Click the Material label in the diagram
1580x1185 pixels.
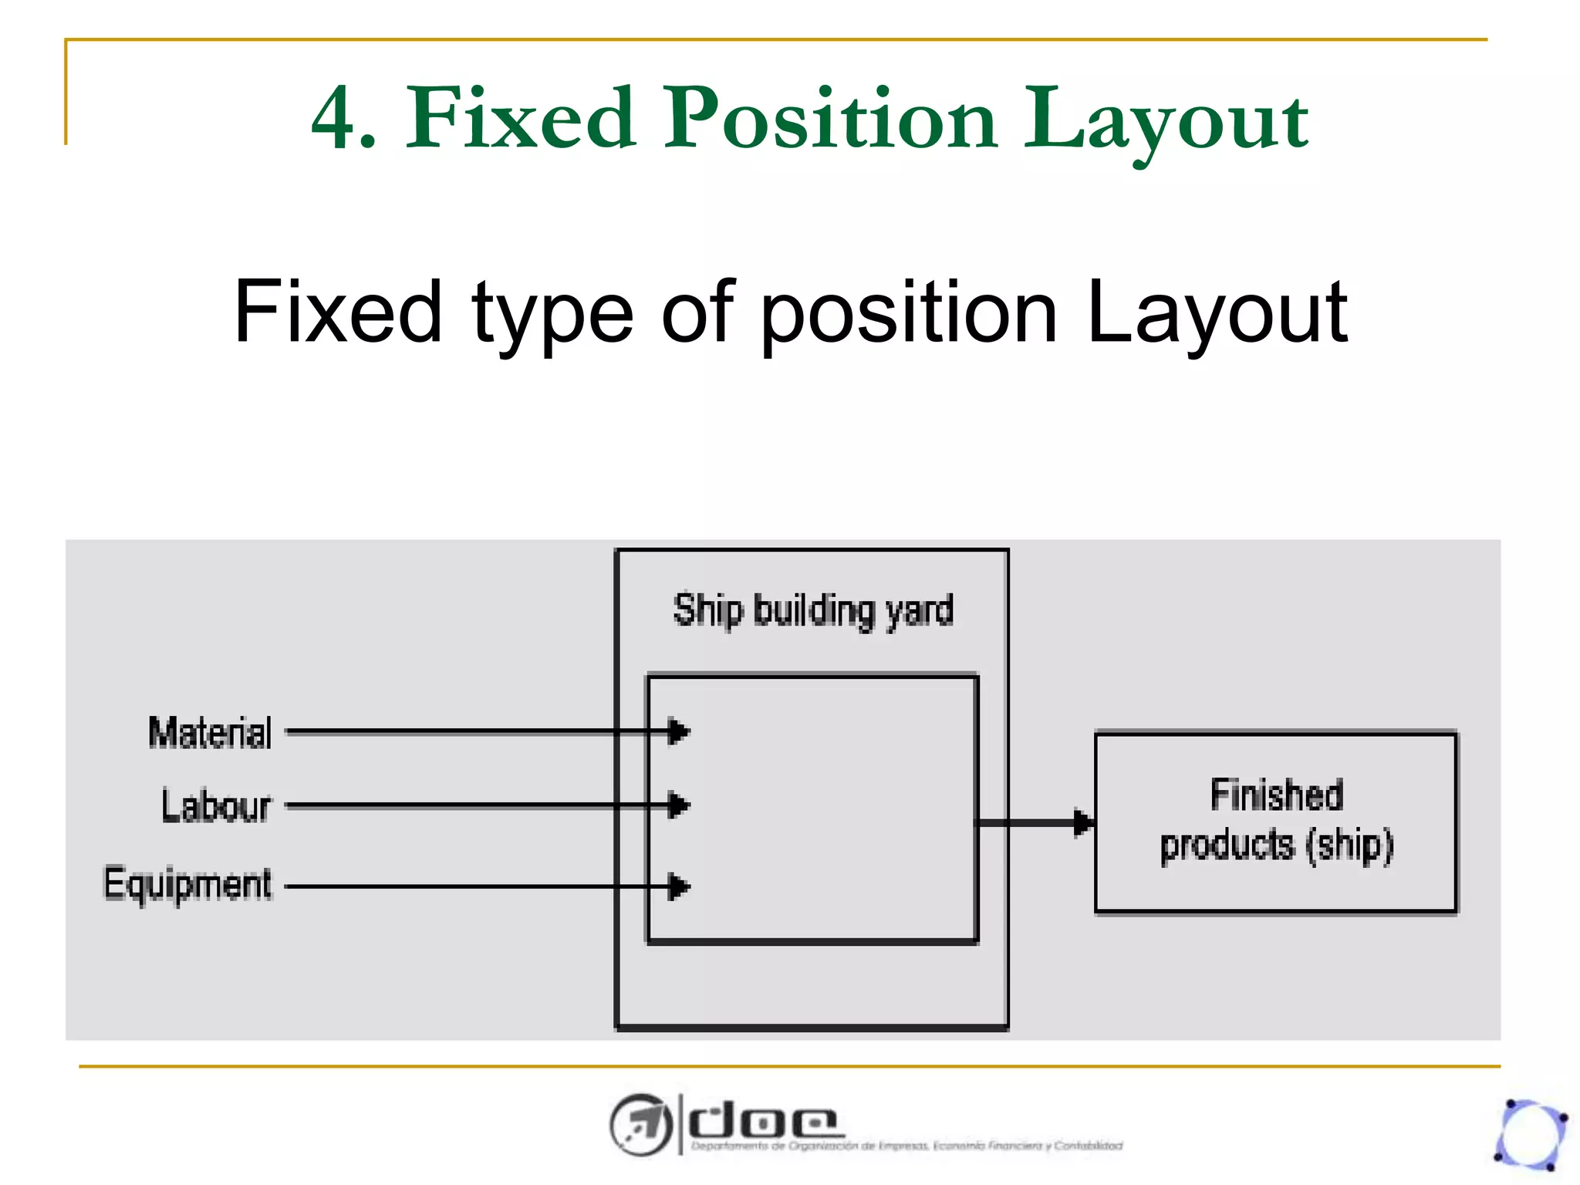tap(210, 732)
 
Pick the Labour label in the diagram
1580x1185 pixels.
tap(216, 806)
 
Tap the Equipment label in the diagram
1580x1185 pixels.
tap(187, 885)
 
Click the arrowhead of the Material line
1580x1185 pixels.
tap(678, 731)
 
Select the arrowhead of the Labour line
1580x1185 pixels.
tap(678, 805)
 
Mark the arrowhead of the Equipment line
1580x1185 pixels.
tap(678, 886)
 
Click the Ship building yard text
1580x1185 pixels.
tap(813, 611)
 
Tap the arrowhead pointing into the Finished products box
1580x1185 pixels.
tap(1083, 822)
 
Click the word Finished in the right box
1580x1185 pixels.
tap(1276, 795)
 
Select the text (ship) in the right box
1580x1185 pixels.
tap(1349, 846)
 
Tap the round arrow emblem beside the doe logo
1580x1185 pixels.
tap(640, 1125)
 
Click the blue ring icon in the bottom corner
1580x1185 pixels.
tap(1531, 1134)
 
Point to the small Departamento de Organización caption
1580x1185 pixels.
tap(906, 1146)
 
